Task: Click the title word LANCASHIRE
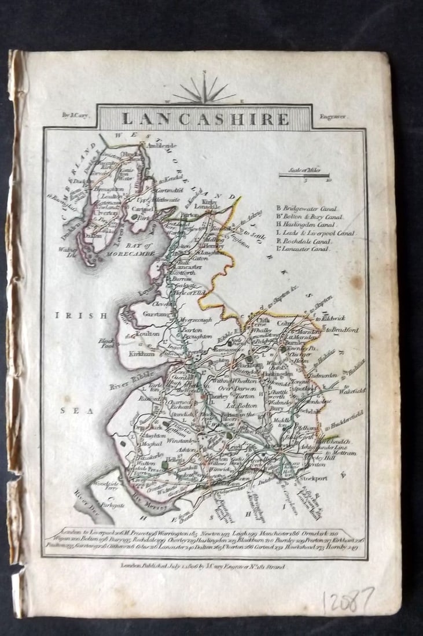205,119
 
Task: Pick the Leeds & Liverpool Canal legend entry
316,233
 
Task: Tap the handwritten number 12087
348,604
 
